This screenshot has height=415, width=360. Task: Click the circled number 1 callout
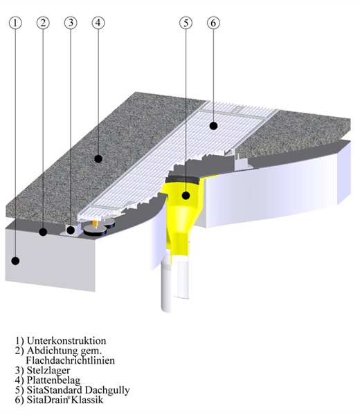point(15,23)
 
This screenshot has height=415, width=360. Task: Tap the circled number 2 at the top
point(43,23)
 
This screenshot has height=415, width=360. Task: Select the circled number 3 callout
point(71,23)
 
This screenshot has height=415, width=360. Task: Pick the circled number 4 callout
point(98,23)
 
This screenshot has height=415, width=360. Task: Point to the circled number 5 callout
point(186,23)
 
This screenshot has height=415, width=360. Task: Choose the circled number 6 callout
point(213,23)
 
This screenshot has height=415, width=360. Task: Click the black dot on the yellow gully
point(186,196)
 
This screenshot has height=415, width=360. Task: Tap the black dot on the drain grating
point(213,126)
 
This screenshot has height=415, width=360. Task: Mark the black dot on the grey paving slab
point(98,158)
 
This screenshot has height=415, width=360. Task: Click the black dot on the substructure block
point(16,261)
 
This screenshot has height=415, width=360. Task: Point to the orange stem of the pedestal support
point(95,224)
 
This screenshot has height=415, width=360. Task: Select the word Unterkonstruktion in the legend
point(66,340)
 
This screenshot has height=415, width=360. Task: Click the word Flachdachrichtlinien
point(71,360)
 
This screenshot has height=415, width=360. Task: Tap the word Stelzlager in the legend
point(48,371)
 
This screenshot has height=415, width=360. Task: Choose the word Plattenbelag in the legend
point(53,380)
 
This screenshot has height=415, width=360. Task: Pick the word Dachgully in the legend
point(107,390)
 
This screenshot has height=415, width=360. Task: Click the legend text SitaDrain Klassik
point(65,400)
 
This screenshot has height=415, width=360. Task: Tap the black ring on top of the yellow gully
point(183,179)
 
